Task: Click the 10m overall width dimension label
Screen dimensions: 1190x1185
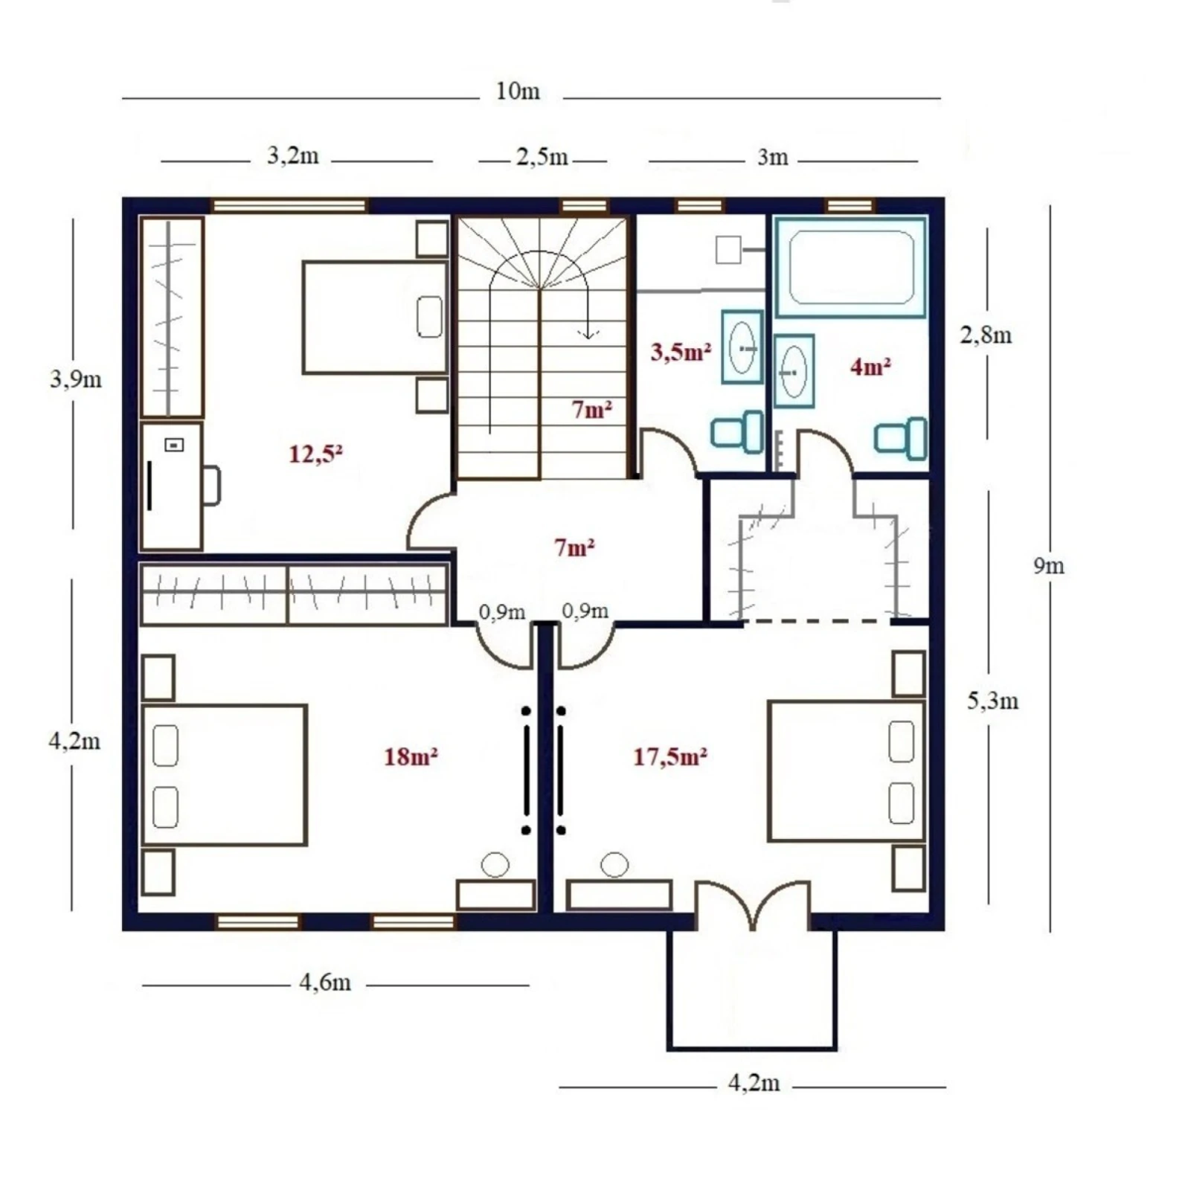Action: (x=518, y=92)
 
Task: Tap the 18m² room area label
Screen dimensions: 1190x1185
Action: (x=410, y=757)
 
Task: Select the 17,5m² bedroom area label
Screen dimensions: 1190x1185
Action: (x=669, y=757)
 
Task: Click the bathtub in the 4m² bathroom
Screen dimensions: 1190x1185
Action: (x=851, y=267)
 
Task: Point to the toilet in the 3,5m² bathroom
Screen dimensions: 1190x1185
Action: (x=737, y=431)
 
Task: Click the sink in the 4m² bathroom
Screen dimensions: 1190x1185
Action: (x=794, y=371)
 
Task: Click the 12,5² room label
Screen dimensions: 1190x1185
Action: (x=315, y=453)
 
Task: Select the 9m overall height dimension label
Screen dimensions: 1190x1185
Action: (x=1048, y=566)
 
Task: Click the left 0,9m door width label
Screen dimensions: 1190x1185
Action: (x=502, y=612)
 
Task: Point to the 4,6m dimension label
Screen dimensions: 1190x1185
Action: (x=325, y=982)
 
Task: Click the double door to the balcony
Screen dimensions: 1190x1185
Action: (x=753, y=904)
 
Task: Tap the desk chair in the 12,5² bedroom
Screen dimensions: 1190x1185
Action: (x=212, y=485)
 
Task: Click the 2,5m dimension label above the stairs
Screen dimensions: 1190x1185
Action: (x=542, y=157)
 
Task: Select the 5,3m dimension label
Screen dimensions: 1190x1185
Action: (x=992, y=701)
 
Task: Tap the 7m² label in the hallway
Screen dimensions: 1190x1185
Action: (x=574, y=548)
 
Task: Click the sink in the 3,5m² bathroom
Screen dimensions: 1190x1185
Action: (x=742, y=347)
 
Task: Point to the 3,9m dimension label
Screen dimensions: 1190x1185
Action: (x=75, y=379)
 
